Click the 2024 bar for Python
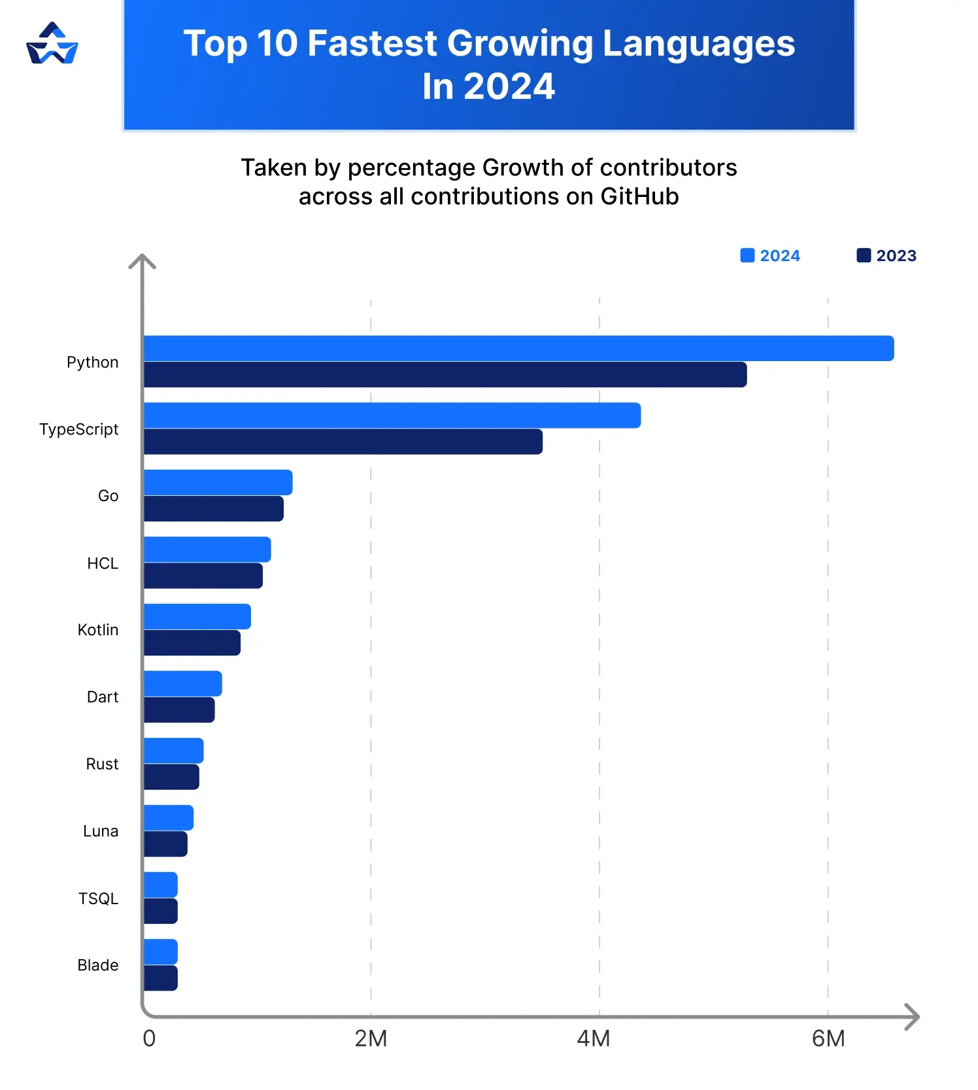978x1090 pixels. pyautogui.click(x=518, y=348)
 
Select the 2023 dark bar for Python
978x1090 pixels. pyautogui.click(x=445, y=375)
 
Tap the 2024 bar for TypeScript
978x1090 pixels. pyautogui.click(x=392, y=415)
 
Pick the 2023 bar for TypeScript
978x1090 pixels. pyautogui.click(x=343, y=442)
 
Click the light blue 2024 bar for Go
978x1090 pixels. pyautogui.click(x=218, y=482)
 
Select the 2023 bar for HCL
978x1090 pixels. pyautogui.click(x=203, y=576)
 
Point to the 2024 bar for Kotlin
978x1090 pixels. pyautogui.click(x=197, y=616)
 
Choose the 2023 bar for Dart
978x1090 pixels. pyautogui.click(x=179, y=710)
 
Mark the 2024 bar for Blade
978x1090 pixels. pyautogui.click(x=161, y=951)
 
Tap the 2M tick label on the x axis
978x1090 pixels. pyautogui.click(x=371, y=1038)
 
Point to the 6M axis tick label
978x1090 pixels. pyautogui.click(x=828, y=1038)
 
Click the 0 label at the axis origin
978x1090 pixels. pyautogui.click(x=149, y=1038)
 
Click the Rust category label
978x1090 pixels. pyautogui.click(x=102, y=764)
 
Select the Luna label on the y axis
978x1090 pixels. pyautogui.click(x=101, y=831)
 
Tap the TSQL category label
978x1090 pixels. pyautogui.click(x=98, y=898)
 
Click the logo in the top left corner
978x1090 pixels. pyautogui.click(x=52, y=44)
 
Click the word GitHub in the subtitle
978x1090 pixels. pyautogui.click(x=639, y=196)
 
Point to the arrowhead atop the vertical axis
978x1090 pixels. pyautogui.click(x=142, y=261)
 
